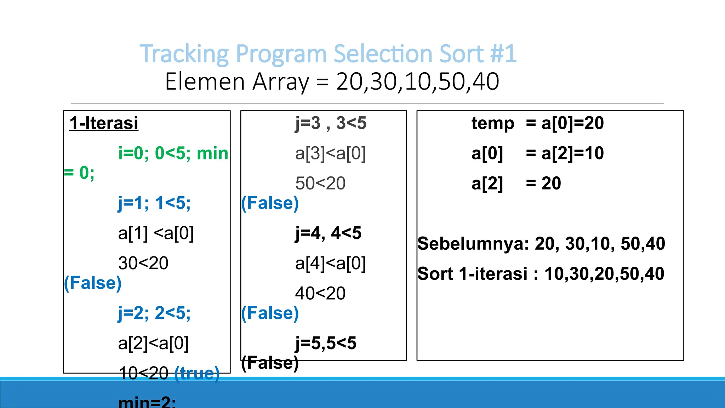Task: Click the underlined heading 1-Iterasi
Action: (104, 123)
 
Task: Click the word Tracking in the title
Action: (184, 54)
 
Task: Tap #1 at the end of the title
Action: (503, 54)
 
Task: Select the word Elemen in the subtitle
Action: (205, 82)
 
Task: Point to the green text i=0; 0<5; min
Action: (173, 153)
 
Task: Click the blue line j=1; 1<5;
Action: (154, 203)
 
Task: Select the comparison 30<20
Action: (143, 263)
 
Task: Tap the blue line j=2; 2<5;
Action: (154, 313)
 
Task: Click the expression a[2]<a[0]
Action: (153, 343)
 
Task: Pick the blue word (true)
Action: (197, 373)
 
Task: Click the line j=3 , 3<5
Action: (331, 123)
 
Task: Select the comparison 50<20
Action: (320, 183)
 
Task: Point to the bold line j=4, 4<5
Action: (328, 233)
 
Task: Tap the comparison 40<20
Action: (320, 293)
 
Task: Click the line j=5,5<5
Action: (326, 343)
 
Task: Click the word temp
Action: (493, 123)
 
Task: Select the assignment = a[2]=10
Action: (565, 153)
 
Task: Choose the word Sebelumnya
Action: (473, 244)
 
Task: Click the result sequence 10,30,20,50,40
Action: (604, 274)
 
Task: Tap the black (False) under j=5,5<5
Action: (270, 363)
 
